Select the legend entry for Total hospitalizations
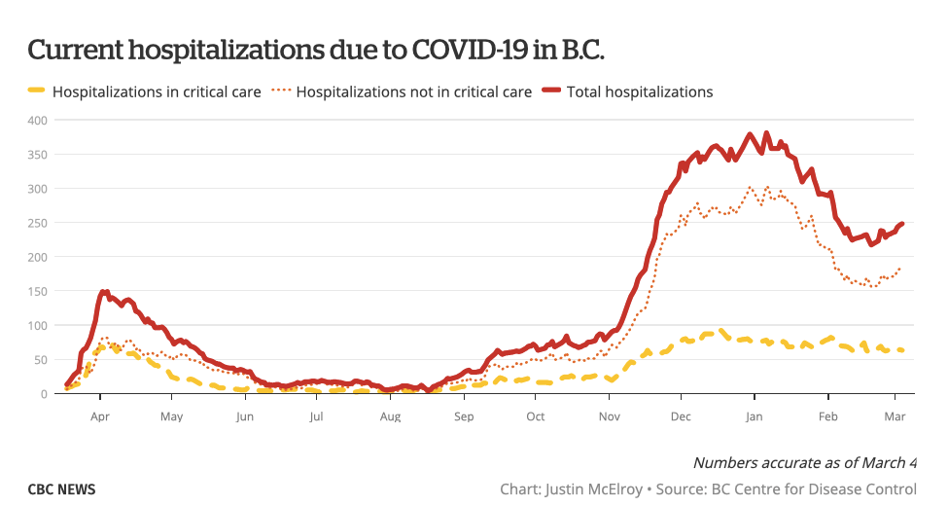640,92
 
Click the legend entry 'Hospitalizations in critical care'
157,92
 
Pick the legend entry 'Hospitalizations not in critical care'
413,92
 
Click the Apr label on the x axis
99,416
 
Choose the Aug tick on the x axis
390,416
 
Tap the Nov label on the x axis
609,416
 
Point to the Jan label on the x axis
755,416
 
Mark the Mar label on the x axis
895,416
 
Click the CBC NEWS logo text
62,488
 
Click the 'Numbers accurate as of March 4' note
804,462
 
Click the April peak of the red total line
103,291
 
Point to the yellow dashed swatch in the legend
36,91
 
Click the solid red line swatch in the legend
551,91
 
